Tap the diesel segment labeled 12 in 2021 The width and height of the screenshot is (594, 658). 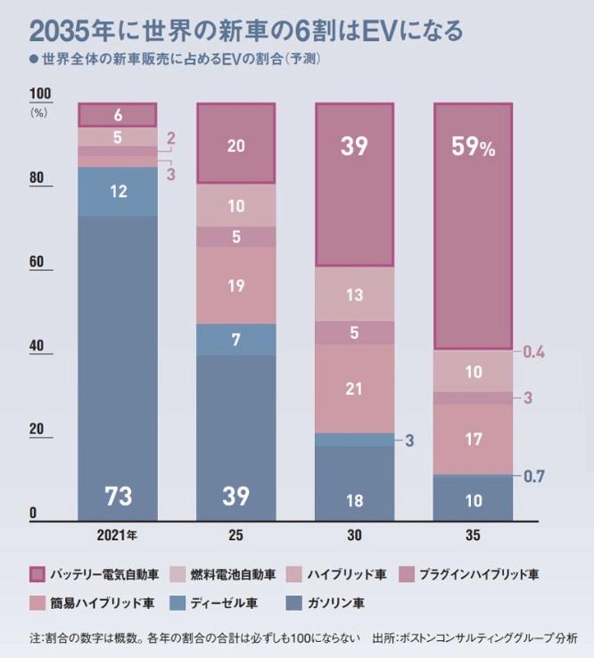click(x=118, y=191)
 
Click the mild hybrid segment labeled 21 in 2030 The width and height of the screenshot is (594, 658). click(x=355, y=388)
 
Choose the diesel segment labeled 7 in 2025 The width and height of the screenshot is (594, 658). click(x=236, y=340)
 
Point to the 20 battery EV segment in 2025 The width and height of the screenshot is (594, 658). click(x=236, y=144)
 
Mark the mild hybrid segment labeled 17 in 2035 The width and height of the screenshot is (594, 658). click(x=474, y=440)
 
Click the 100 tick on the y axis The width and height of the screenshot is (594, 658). click(x=41, y=95)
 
